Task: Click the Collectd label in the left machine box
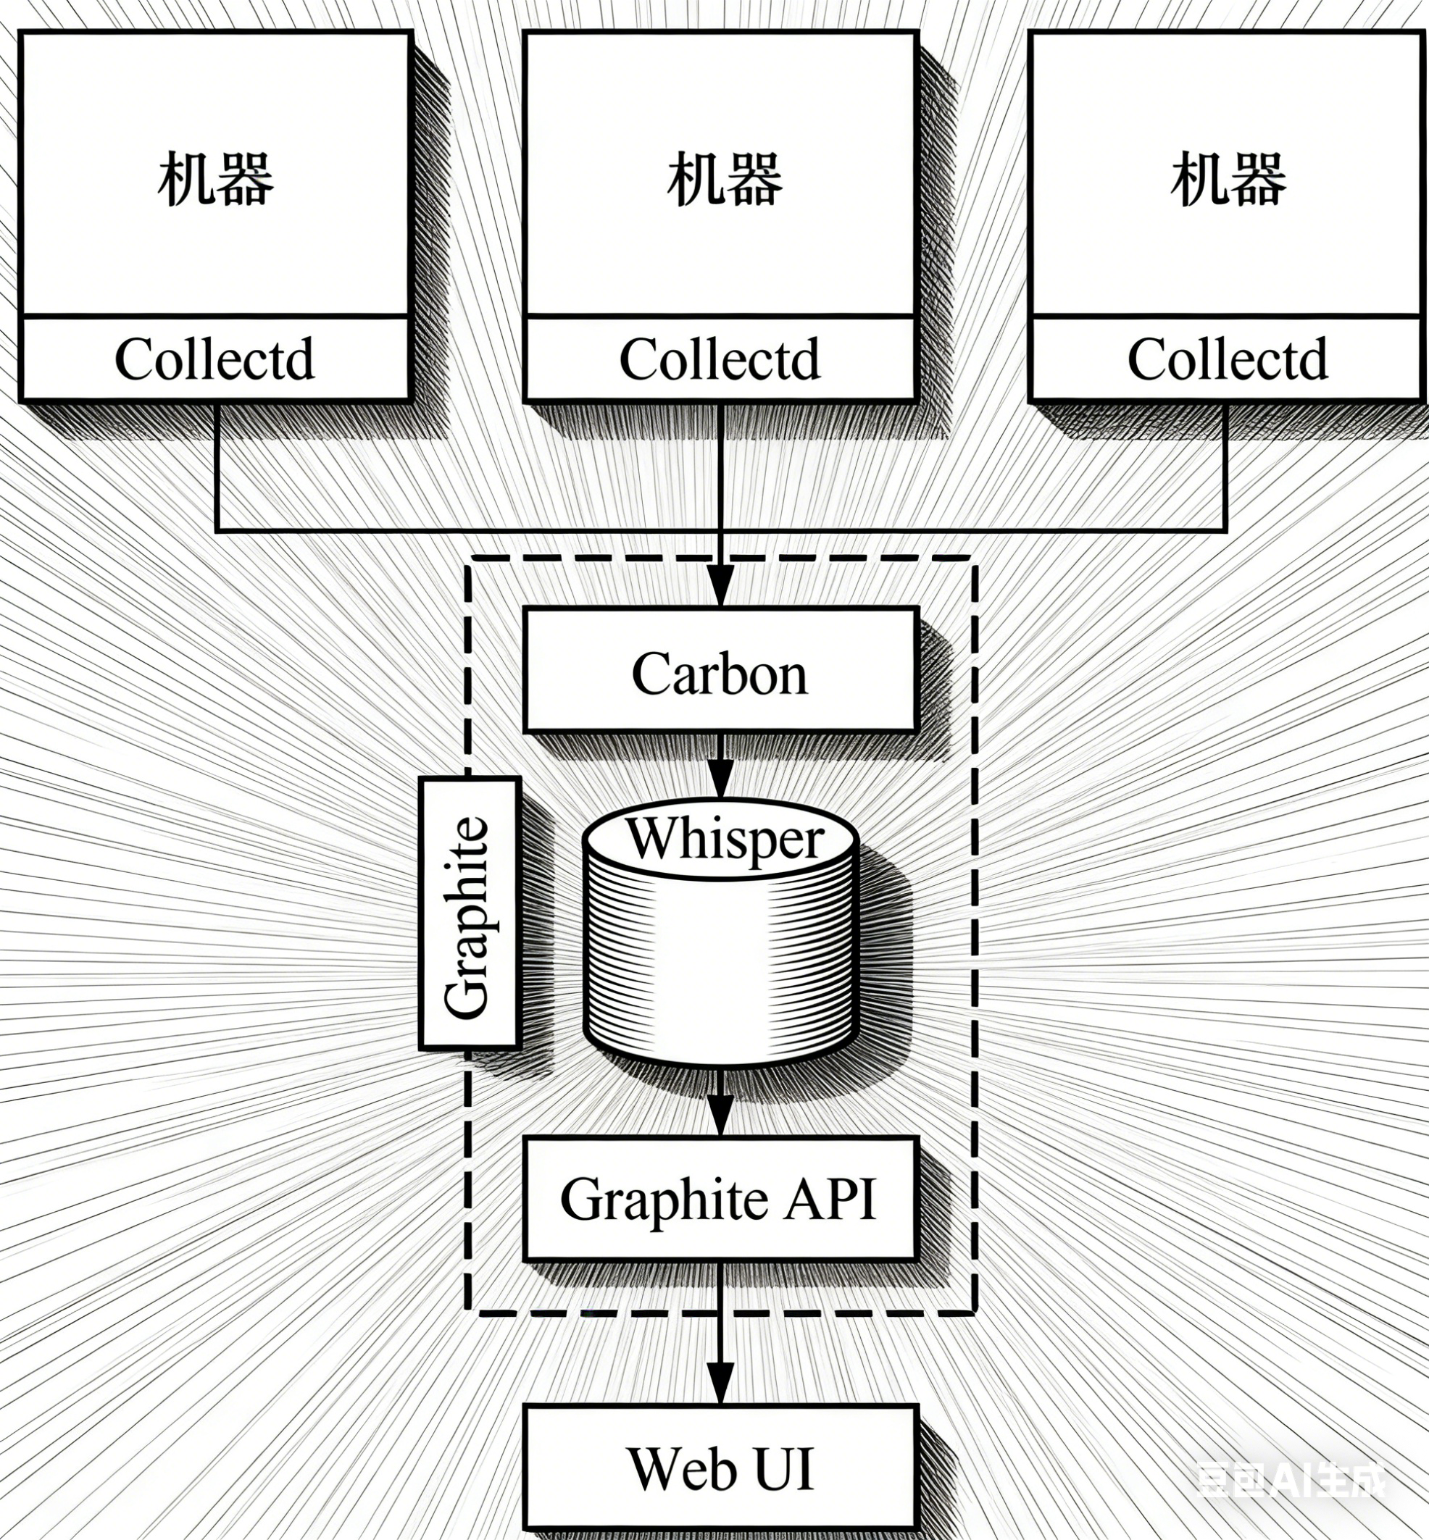click(214, 359)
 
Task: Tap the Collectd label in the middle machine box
click(720, 359)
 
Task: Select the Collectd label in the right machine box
click(1227, 359)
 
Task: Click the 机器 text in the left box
click(216, 180)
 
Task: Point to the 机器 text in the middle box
click(725, 180)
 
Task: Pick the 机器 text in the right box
click(1228, 180)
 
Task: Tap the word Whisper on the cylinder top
click(725, 840)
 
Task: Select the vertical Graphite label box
click(468, 914)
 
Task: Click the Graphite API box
click(720, 1200)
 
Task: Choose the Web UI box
click(720, 1468)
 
